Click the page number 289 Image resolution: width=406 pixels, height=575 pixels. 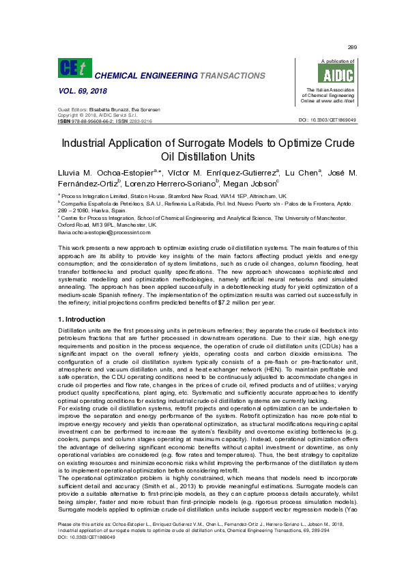pyautogui.click(x=352, y=47)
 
